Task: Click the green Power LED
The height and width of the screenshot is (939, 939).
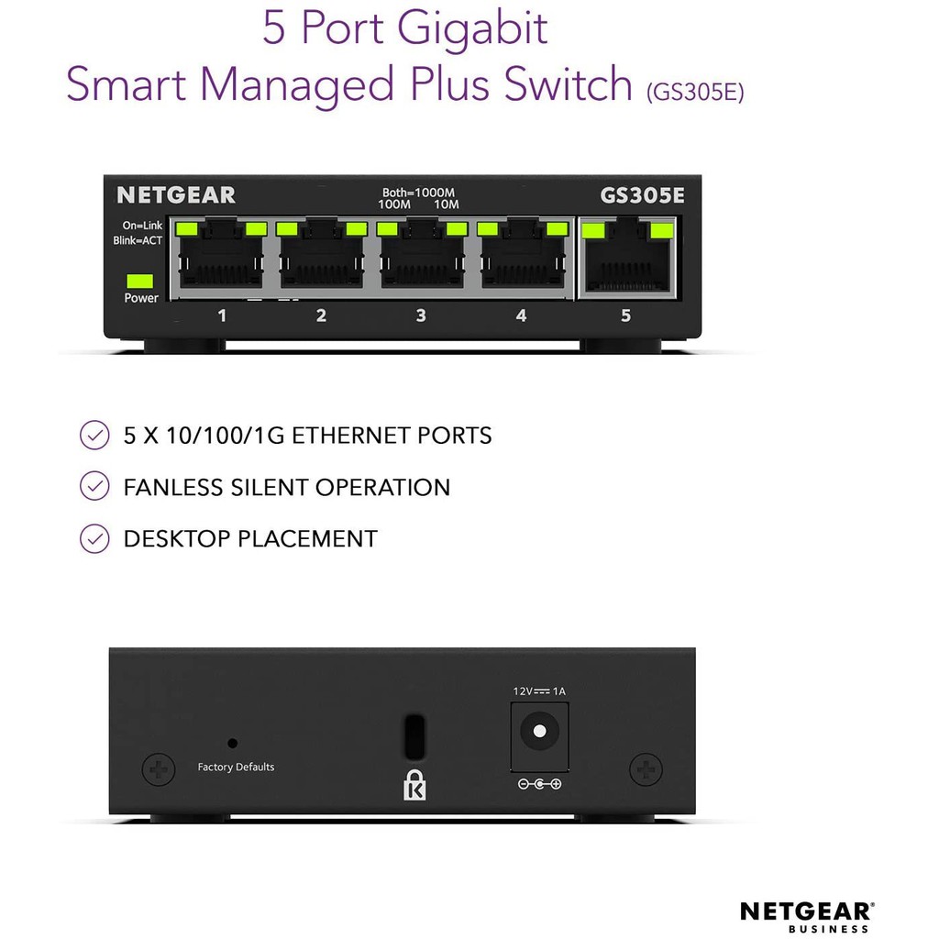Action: [x=140, y=281]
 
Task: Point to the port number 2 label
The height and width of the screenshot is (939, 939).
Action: [x=321, y=315]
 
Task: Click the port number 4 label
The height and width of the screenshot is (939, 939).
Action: [x=521, y=315]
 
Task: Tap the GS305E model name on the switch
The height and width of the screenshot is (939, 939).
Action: [x=642, y=195]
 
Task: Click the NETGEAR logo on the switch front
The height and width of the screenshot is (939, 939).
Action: [x=176, y=195]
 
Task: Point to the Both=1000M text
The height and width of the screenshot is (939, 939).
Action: [x=419, y=193]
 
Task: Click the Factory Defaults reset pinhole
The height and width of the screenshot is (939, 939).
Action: [x=232, y=743]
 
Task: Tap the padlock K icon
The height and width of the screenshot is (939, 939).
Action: [x=414, y=785]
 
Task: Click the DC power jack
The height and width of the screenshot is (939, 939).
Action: [x=539, y=731]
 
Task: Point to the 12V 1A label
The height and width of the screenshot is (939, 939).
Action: [x=539, y=690]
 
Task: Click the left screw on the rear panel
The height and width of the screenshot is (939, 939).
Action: [x=159, y=768]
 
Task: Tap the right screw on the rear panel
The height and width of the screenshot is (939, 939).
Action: [x=646, y=768]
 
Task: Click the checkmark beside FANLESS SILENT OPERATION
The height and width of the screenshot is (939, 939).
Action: [x=94, y=487]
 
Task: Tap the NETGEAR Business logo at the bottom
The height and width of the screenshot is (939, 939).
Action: [x=806, y=916]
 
